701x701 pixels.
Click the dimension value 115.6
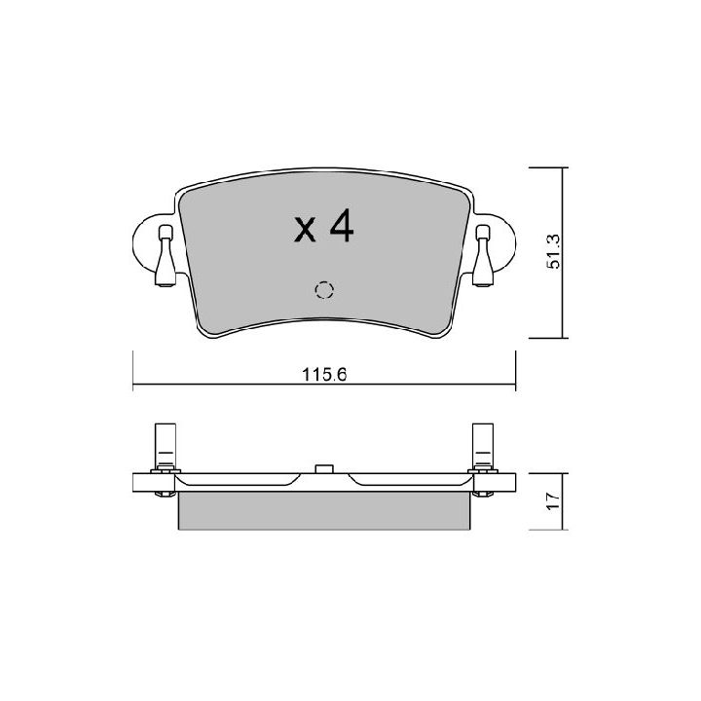324,374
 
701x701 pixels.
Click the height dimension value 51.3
553,252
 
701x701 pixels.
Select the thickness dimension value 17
553,500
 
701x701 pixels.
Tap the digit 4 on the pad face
342,225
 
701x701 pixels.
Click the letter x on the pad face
305,230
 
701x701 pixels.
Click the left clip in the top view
166,255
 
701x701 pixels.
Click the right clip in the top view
483,255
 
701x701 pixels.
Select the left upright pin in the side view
165,445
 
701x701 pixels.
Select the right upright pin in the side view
483,445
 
